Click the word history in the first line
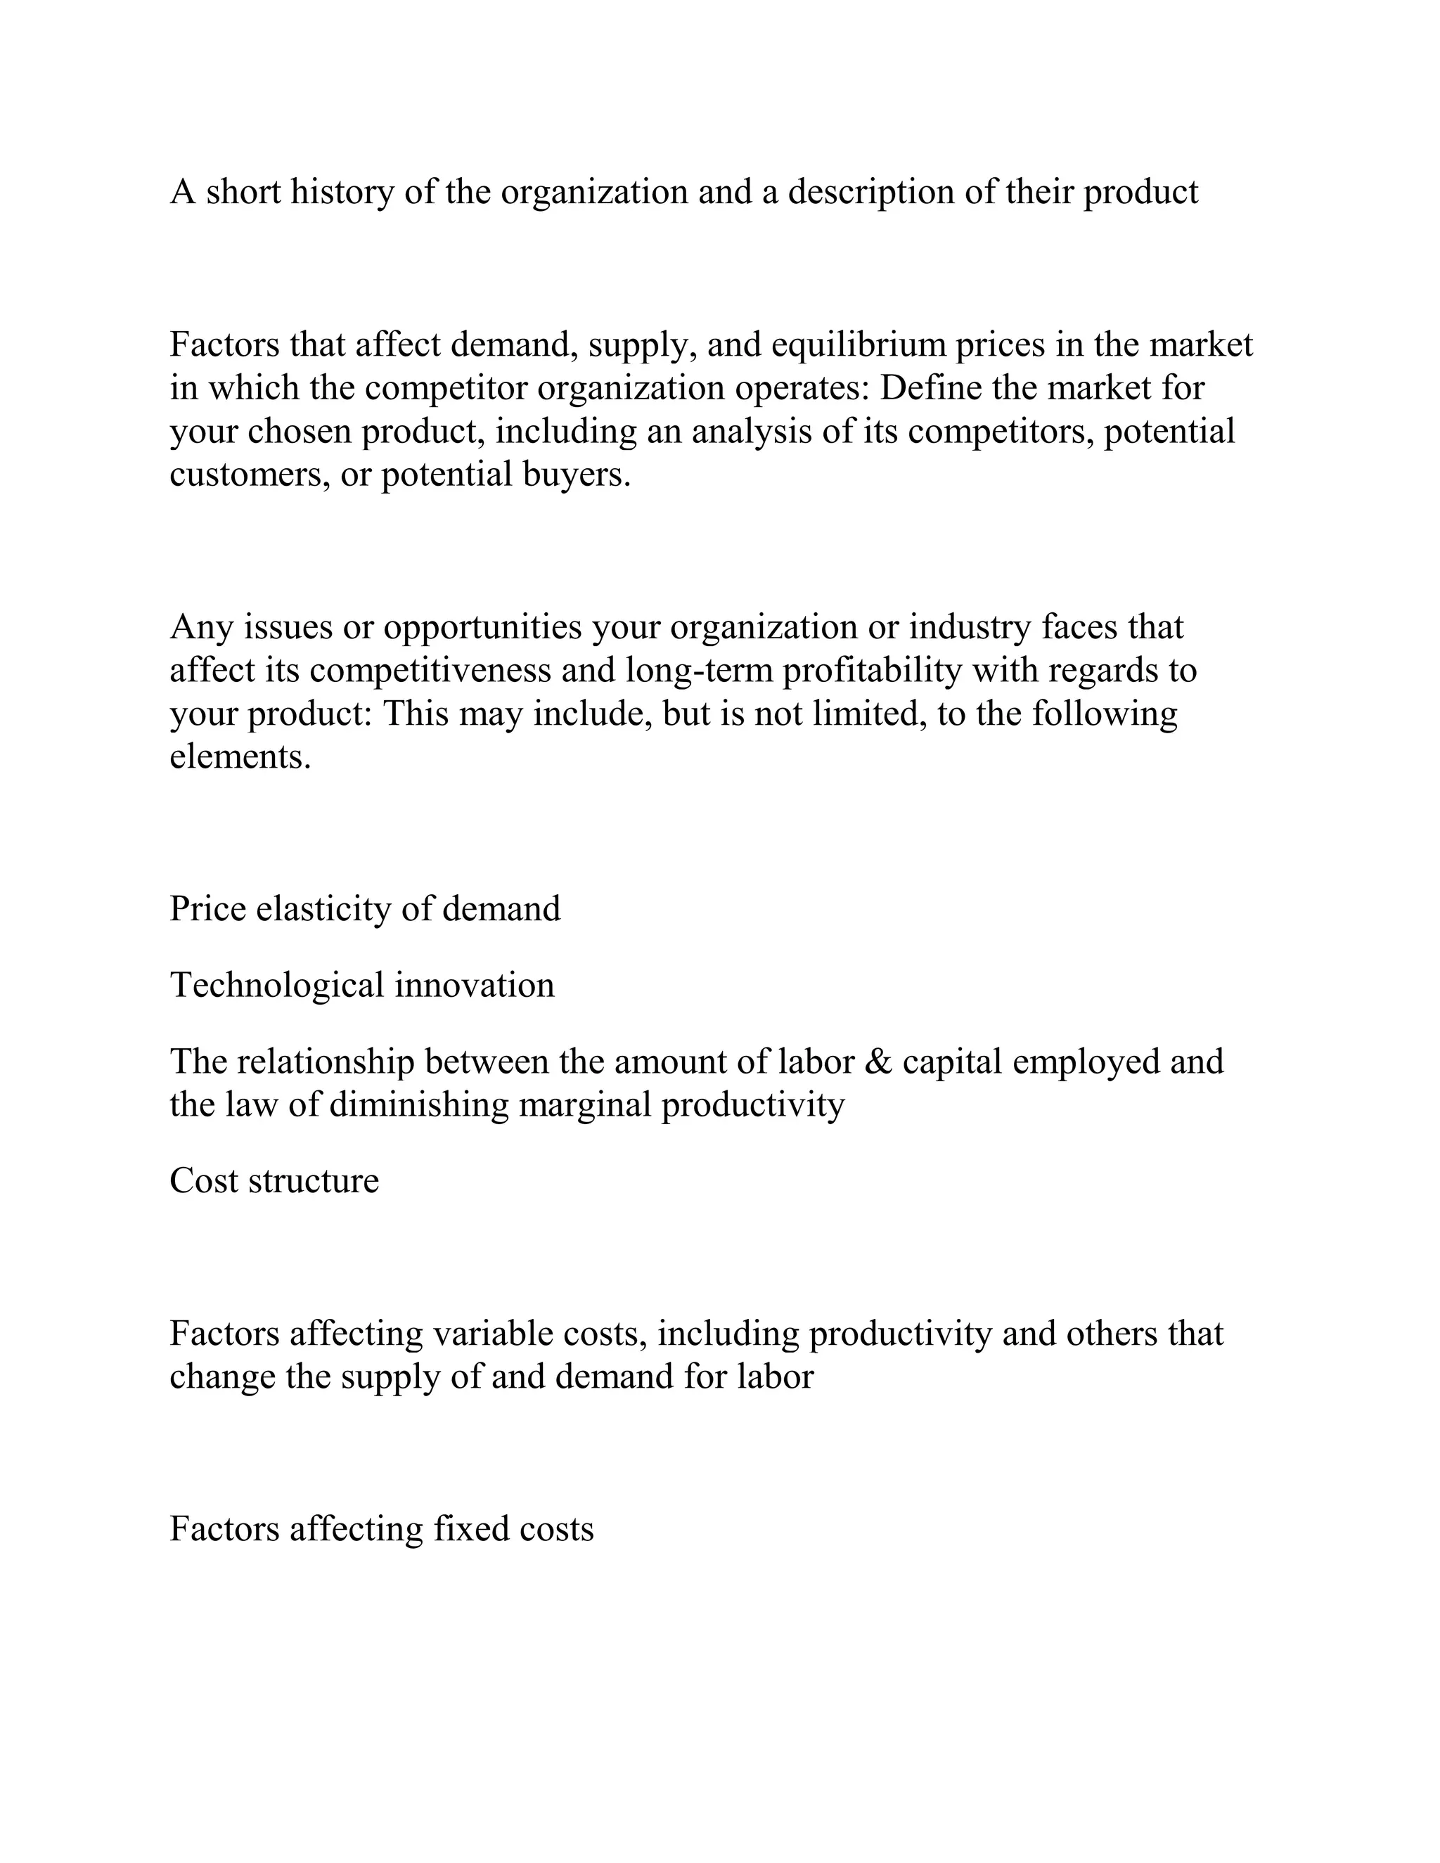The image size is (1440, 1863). point(341,192)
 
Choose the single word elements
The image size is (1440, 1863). point(240,756)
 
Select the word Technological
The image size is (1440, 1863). point(277,985)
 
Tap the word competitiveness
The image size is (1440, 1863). point(430,671)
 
